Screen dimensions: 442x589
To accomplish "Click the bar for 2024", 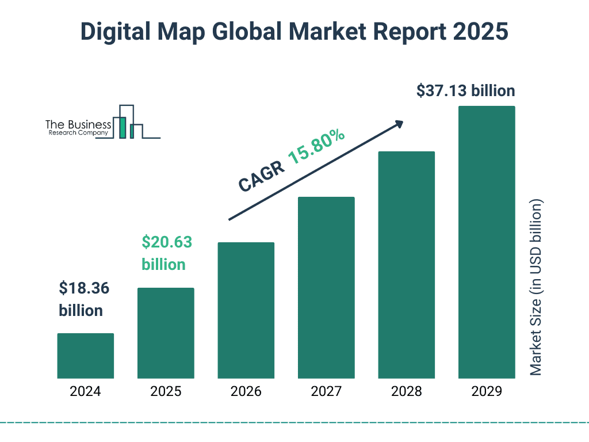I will point(85,356).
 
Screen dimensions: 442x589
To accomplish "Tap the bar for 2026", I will point(246,310).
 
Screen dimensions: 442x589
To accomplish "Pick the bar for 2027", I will point(326,287).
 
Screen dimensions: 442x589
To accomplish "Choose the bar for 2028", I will point(406,265).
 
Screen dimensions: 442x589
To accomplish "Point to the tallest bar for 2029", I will point(487,242).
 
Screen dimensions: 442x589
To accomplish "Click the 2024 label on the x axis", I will point(85,392).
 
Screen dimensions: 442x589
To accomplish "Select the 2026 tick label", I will point(246,392).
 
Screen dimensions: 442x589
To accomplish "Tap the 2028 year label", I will point(406,392).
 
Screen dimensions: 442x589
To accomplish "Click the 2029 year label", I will point(487,392).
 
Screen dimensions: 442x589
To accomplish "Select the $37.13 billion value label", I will point(465,91).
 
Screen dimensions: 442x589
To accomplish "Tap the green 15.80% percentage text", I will point(316,147).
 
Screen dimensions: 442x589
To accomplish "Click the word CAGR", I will point(261,176).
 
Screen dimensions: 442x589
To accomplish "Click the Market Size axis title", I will point(536,288).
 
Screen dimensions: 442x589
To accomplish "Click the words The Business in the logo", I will point(78,124).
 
